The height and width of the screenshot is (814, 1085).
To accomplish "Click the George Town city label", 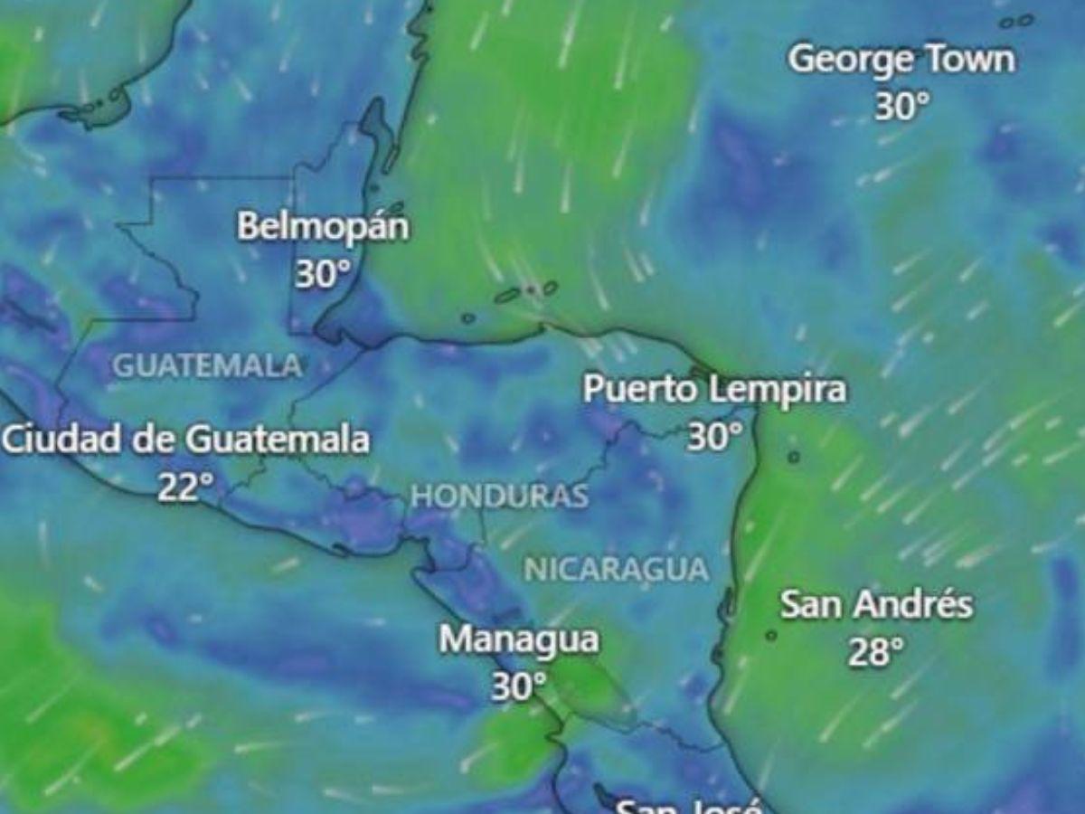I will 901,61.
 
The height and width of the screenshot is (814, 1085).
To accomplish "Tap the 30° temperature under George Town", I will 901,108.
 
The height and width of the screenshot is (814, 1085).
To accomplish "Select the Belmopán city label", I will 323,227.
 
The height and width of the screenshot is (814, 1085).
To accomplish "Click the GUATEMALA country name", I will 207,366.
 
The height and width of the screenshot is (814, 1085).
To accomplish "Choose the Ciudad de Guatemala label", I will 185,440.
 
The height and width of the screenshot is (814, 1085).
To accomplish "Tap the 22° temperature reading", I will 185,487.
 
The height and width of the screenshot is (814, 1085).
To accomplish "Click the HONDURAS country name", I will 499,496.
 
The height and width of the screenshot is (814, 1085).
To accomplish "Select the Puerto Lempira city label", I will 714,390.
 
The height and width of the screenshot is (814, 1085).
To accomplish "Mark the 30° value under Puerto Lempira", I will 714,438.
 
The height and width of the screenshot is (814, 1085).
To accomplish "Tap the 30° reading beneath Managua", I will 518,686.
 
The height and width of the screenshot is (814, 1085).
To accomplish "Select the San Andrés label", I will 876,604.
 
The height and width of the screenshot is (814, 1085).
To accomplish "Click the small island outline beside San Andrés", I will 770,636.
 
